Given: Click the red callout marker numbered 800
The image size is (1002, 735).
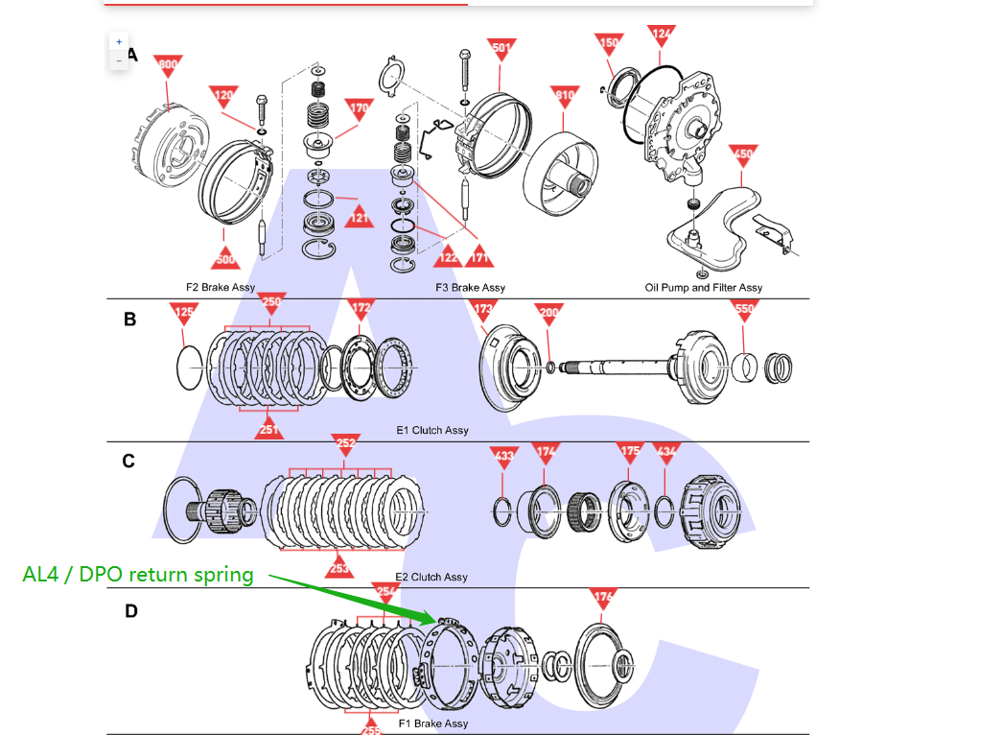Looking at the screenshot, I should coord(168,64).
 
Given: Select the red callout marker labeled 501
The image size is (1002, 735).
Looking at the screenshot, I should coord(501,47).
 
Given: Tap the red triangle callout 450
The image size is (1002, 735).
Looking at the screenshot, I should coord(743,154).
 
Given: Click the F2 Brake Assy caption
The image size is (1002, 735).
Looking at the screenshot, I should coord(221,287).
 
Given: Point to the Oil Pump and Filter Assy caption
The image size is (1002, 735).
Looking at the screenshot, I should coord(704,287).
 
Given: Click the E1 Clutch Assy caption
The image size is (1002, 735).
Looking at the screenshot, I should coord(432,430).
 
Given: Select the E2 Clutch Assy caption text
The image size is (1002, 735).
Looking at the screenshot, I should coord(431,577).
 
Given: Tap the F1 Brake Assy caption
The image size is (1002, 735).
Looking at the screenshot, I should coord(433,723).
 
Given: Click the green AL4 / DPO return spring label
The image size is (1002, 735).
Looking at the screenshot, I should coord(138,575).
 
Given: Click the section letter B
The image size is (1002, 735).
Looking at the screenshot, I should coord(129,320).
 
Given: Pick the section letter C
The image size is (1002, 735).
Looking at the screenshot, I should coord(128,462).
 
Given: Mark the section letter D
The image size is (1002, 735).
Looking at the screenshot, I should coord(130,610).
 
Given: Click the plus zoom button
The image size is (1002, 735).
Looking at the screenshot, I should coord(119,42).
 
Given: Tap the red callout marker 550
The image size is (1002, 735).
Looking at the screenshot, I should coord(744,309).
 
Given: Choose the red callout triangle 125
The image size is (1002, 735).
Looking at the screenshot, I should coord(184,311).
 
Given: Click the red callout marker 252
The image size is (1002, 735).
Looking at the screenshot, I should coord(346,442).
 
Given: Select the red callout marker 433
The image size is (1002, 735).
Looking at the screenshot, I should coord(504,454).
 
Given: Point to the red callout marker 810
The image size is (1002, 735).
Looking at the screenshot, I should coord(566,94).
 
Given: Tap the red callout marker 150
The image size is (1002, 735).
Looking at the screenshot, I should coord(609,43).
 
